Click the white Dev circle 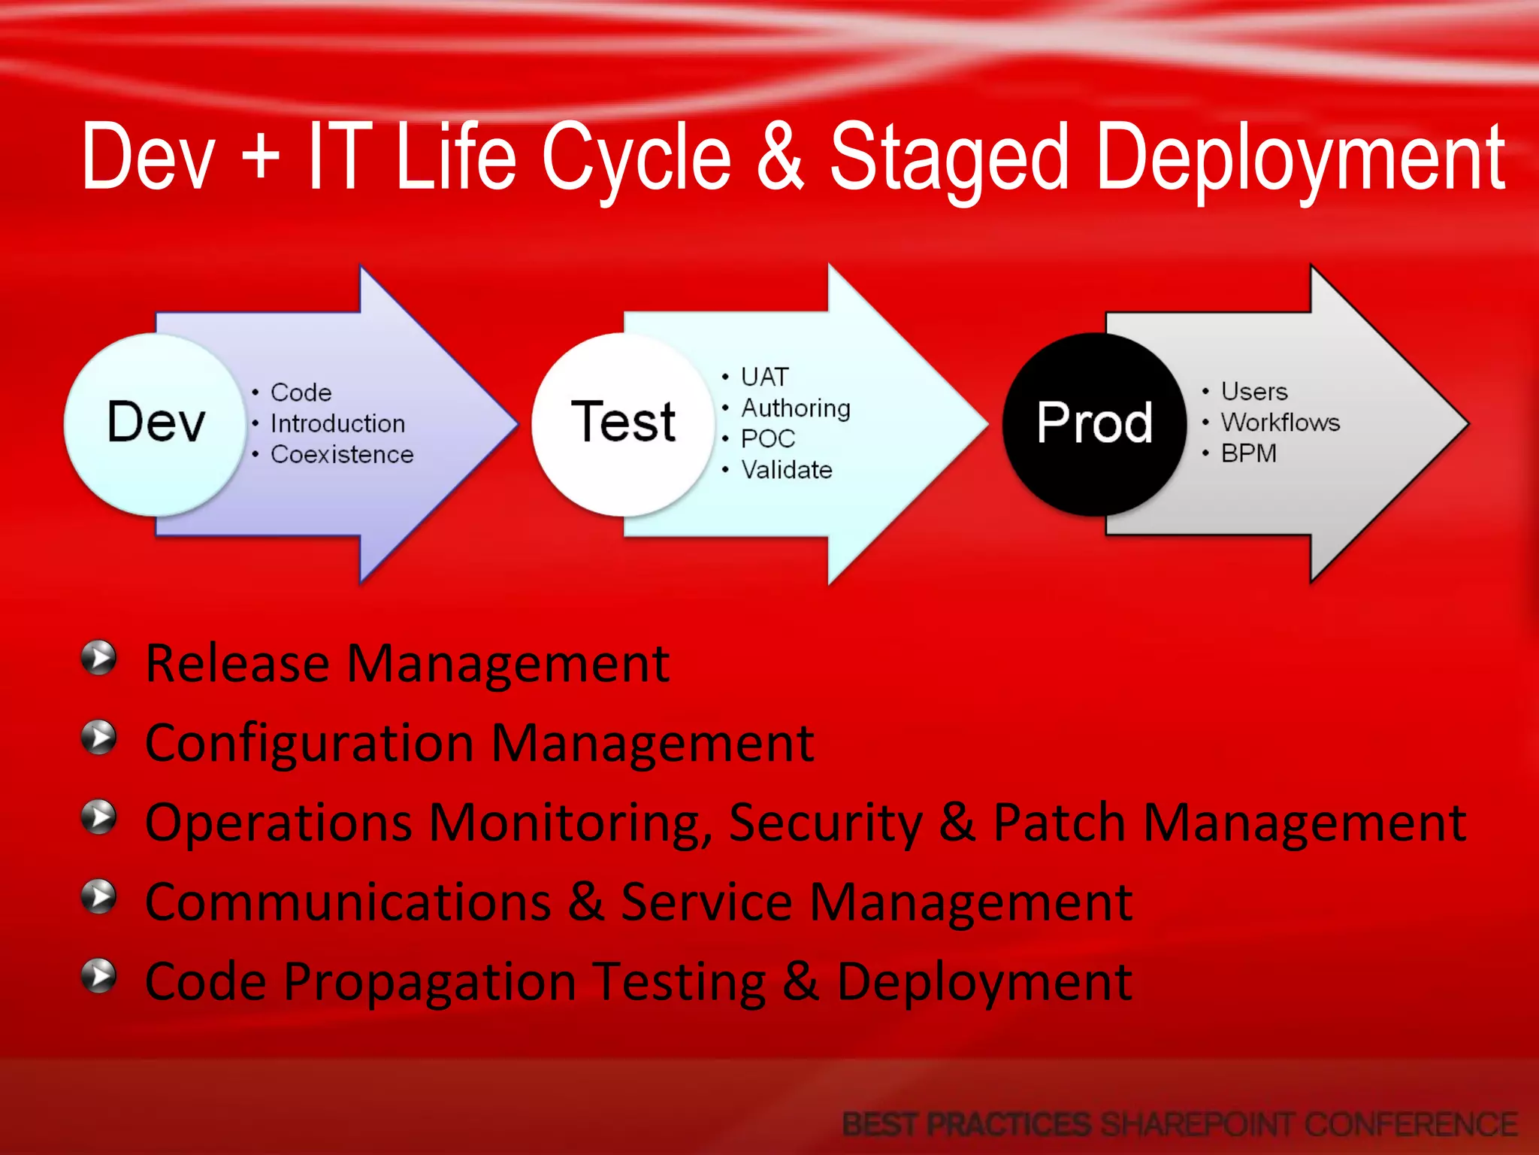pyautogui.click(x=156, y=423)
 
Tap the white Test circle pyautogui.click(x=623, y=423)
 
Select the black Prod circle pyautogui.click(x=1094, y=423)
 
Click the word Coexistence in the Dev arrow pyautogui.click(x=342, y=455)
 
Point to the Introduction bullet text pyautogui.click(x=337, y=423)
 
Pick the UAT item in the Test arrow pyautogui.click(x=764, y=377)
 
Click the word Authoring pyautogui.click(x=796, y=408)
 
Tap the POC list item pyautogui.click(x=767, y=439)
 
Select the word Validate pyautogui.click(x=787, y=470)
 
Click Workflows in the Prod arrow pyautogui.click(x=1280, y=423)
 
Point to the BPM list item pyautogui.click(x=1248, y=453)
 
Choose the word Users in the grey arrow pyautogui.click(x=1254, y=392)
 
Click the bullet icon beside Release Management pyautogui.click(x=99, y=659)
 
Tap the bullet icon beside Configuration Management pyautogui.click(x=99, y=738)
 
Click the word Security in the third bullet pyautogui.click(x=825, y=823)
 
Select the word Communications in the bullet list pyautogui.click(x=348, y=902)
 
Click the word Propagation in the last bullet pyautogui.click(x=429, y=982)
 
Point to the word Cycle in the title pyautogui.click(x=636, y=158)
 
